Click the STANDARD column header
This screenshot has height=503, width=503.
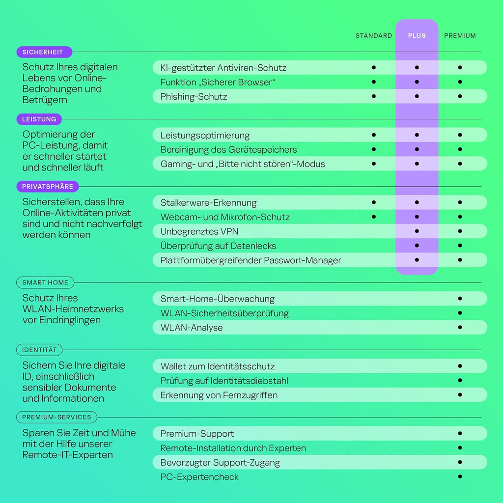(x=373, y=36)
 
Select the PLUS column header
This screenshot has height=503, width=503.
(x=417, y=36)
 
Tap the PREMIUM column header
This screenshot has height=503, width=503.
(x=460, y=36)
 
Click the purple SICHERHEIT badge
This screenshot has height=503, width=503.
(x=44, y=52)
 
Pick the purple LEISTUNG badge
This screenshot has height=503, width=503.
(x=39, y=119)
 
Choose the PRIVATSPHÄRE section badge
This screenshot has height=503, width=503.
(x=47, y=187)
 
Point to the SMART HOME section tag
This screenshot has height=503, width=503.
(x=45, y=282)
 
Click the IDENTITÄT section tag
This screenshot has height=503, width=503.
(x=39, y=350)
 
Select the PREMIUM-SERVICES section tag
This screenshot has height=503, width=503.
(x=56, y=417)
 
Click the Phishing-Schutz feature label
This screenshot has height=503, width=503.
(x=194, y=97)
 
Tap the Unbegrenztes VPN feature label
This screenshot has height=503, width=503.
(x=199, y=231)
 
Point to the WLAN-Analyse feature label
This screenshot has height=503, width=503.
(x=192, y=328)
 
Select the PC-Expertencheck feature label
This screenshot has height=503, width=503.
(x=199, y=477)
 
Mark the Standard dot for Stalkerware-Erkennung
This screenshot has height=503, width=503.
(x=374, y=202)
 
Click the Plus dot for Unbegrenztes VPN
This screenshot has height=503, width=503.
(x=417, y=231)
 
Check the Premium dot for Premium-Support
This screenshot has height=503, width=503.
(x=460, y=433)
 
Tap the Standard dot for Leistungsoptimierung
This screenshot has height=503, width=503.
(x=374, y=135)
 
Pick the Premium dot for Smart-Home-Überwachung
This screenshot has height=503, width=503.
(x=460, y=298)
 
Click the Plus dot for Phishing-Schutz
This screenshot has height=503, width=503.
(x=417, y=96)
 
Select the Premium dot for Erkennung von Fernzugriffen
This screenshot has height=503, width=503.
(x=460, y=394)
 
